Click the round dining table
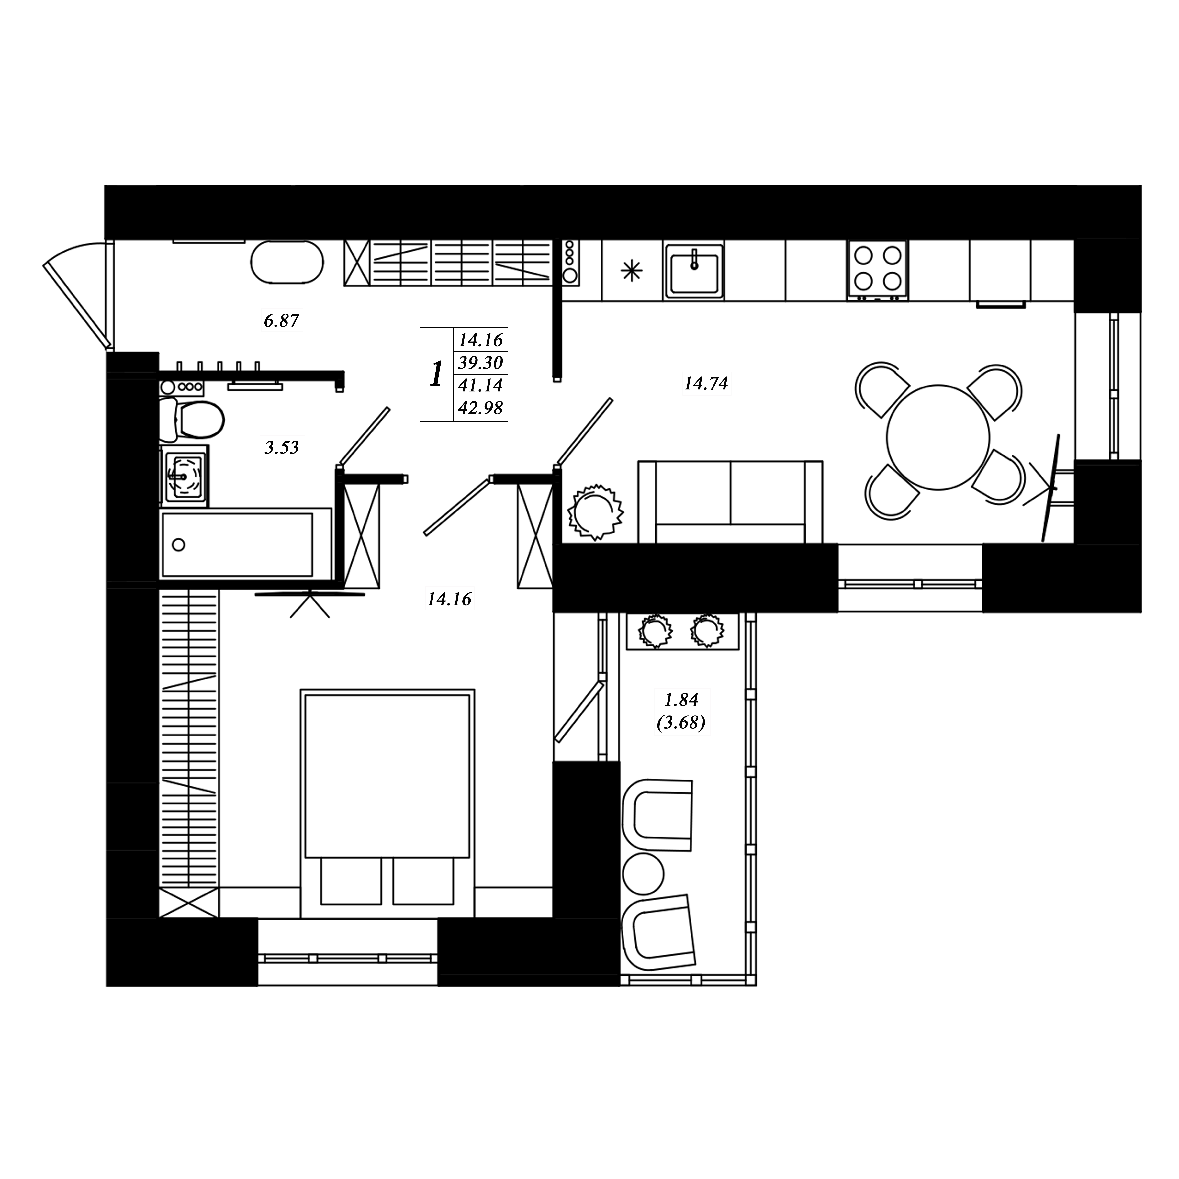pos(938,437)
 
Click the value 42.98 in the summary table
pos(481,408)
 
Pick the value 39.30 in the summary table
pos(481,363)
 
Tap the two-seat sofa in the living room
pos(730,502)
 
